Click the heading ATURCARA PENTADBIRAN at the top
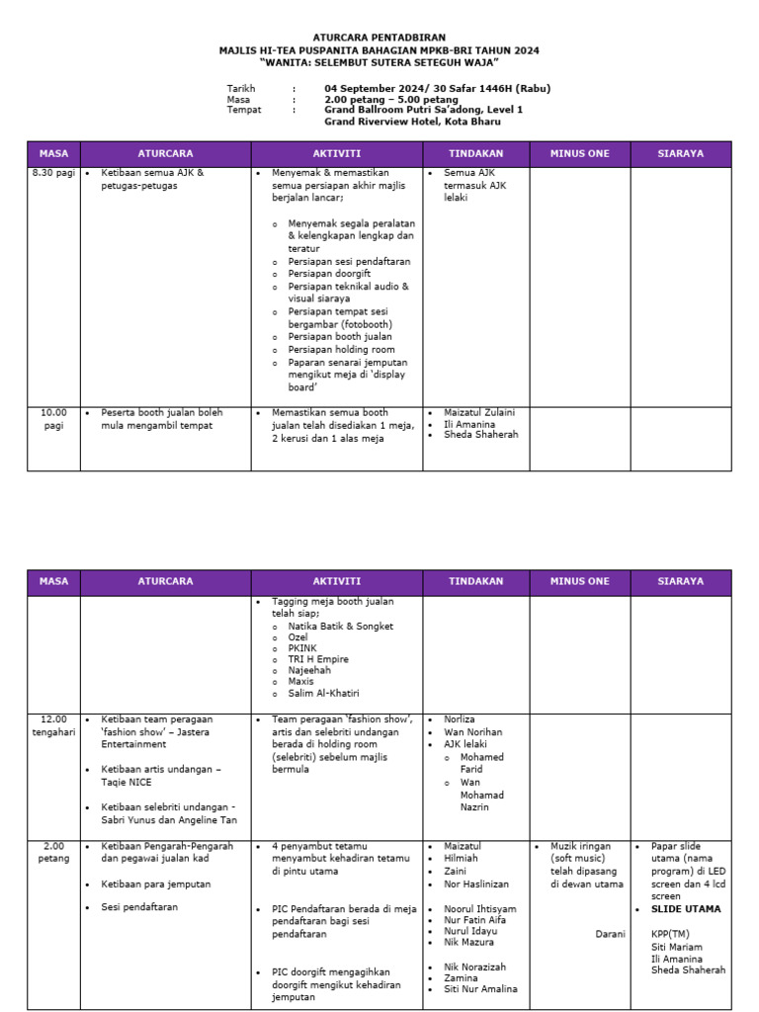click(x=379, y=37)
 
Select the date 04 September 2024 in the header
click(x=380, y=89)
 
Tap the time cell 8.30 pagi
click(x=53, y=173)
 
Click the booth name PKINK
click(x=305, y=648)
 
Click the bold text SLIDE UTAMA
click(x=686, y=908)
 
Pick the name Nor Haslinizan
click(x=476, y=884)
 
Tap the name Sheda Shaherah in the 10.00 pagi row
click(x=480, y=434)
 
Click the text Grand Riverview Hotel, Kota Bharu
click(x=412, y=122)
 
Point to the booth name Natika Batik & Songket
click(x=340, y=627)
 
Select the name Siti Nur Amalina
click(x=479, y=989)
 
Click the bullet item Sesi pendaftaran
click(x=139, y=906)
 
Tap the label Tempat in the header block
click(x=242, y=111)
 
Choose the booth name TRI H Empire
click(x=318, y=659)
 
